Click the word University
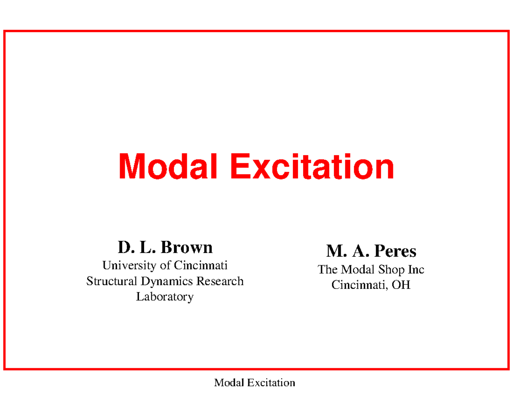pos(130,266)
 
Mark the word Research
pos(220,281)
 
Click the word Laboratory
pos(165,297)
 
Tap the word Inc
pos(416,270)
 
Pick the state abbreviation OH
pos(402,285)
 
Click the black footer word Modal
pos(227,382)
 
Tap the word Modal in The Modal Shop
pos(357,270)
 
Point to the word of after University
pos(165,266)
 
